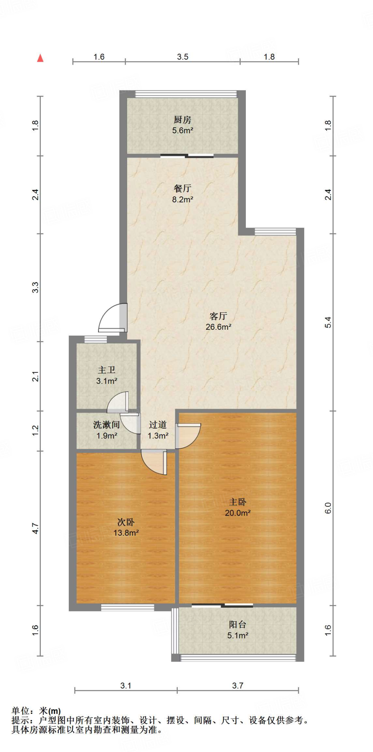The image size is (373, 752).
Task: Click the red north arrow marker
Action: coord(40,58)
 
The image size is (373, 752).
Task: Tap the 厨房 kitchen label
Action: coord(183,120)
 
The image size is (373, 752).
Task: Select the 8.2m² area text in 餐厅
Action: coord(183,199)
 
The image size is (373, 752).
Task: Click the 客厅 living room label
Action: coord(218,316)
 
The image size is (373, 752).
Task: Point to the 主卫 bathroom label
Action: coord(107,370)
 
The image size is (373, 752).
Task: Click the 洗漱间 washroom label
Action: coord(107,425)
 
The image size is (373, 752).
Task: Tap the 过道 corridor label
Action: coord(158,425)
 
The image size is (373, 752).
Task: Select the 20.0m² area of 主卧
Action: coord(238,513)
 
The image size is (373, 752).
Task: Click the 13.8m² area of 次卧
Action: coord(126,533)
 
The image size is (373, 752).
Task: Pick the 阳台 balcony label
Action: coord(238,624)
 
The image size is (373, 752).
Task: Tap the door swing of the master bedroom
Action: coord(187,436)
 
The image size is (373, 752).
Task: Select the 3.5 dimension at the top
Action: coord(183,57)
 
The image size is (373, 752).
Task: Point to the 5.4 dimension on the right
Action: coord(328,322)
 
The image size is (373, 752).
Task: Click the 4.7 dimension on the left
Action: coord(35,528)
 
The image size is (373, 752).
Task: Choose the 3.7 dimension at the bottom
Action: coord(238,686)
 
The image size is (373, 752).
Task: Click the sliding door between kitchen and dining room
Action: coord(187,156)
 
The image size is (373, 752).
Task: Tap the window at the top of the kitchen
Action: coord(186,94)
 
